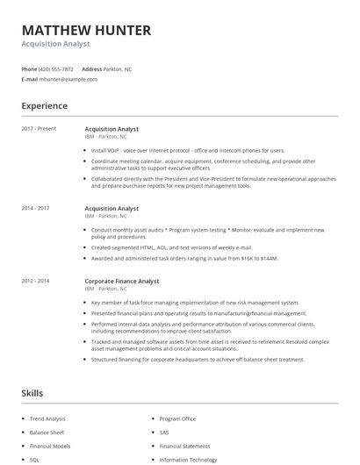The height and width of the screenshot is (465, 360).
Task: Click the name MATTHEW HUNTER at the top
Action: pyautogui.click(x=86, y=31)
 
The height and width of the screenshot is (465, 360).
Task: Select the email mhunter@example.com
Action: pyautogui.click(x=68, y=79)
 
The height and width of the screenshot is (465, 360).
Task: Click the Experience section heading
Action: pyautogui.click(x=44, y=106)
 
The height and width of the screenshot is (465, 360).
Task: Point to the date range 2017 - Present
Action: pyautogui.click(x=39, y=129)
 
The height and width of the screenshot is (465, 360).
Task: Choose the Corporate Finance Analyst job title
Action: pyautogui.click(x=122, y=281)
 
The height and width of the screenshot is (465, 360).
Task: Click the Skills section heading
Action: pyautogui.click(x=32, y=393)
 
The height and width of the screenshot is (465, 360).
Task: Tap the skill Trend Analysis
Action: pyautogui.click(x=47, y=419)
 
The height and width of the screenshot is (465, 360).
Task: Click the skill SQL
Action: pyautogui.click(x=35, y=459)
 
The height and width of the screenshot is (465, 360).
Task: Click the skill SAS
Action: pyautogui.click(x=164, y=433)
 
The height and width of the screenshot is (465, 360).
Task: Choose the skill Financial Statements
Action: pyautogui.click(x=184, y=446)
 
